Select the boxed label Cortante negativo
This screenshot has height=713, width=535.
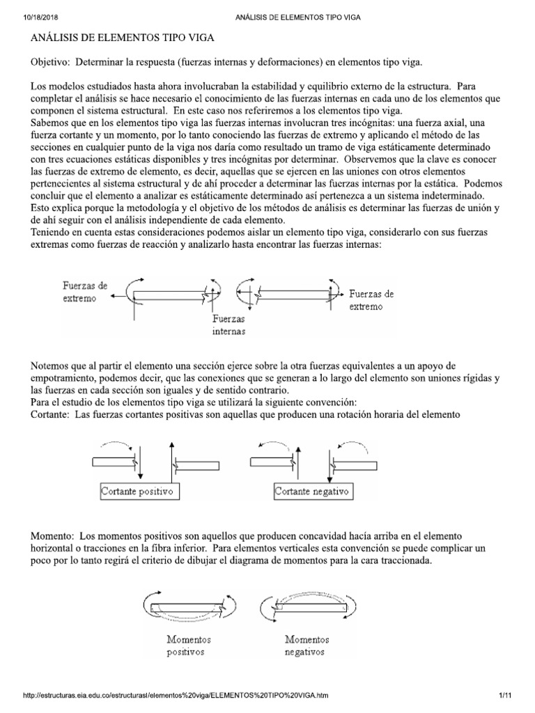[313, 492]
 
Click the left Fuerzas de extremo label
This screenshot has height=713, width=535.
[84, 291]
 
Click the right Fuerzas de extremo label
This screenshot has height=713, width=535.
[371, 300]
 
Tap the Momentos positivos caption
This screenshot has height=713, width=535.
[189, 645]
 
